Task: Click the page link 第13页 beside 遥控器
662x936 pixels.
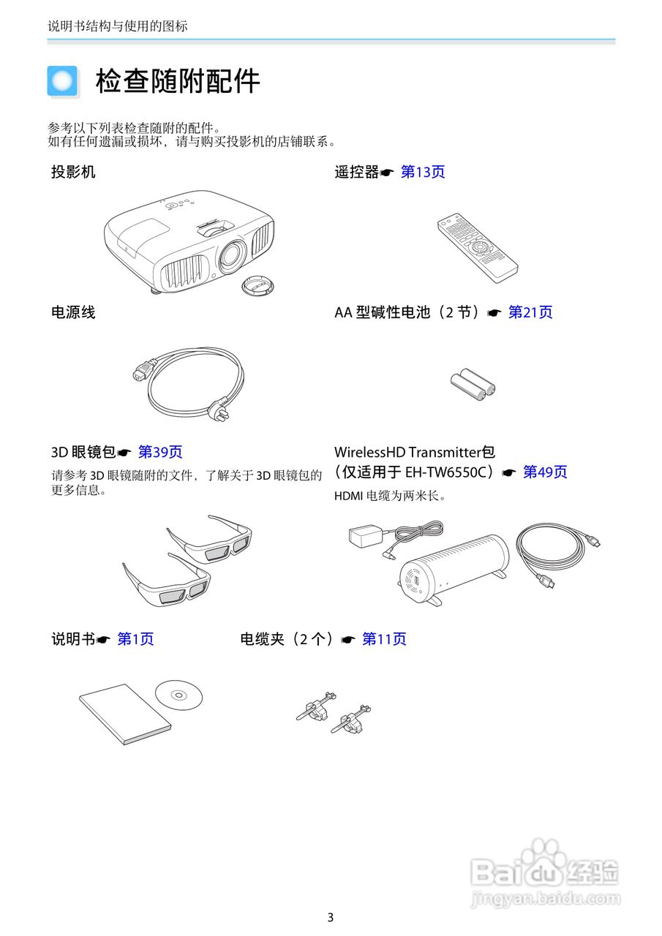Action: click(x=423, y=173)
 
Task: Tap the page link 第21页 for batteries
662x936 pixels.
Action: click(x=530, y=313)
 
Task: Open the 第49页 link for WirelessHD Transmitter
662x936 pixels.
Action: click(x=545, y=472)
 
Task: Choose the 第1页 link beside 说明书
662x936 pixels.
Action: click(x=135, y=639)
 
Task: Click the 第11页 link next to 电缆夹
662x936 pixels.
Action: click(x=384, y=639)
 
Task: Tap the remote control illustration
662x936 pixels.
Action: click(x=477, y=248)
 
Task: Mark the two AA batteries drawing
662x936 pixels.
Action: click(x=473, y=384)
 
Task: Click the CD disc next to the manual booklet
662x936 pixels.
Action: click(x=179, y=694)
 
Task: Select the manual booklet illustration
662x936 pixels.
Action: click(x=124, y=714)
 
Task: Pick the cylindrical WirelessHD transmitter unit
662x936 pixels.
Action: click(x=454, y=567)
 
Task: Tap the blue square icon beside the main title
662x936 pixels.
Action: click(x=62, y=80)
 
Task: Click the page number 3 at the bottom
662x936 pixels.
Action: click(x=331, y=918)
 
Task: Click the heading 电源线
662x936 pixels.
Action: click(x=73, y=313)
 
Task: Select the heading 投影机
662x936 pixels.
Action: click(x=73, y=173)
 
